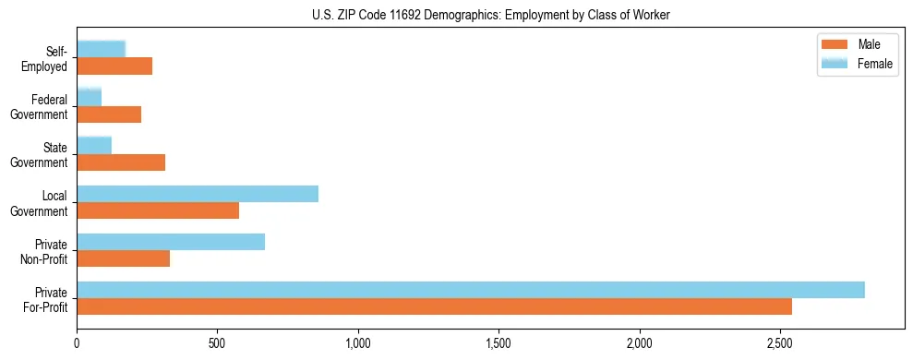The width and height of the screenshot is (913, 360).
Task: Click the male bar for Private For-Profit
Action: click(434, 306)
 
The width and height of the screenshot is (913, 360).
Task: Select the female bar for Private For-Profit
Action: click(471, 290)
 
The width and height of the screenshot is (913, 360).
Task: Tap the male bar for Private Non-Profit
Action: click(123, 258)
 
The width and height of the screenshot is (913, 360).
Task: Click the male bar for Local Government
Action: click(158, 210)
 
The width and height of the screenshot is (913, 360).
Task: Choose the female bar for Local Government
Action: click(198, 194)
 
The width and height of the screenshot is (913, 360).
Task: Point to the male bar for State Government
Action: click(121, 162)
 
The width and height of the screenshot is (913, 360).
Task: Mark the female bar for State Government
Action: click(94, 146)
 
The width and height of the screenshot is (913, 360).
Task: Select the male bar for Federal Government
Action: click(109, 114)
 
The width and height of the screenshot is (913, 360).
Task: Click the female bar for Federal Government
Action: click(90, 98)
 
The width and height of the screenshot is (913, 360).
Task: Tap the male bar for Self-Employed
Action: click(114, 66)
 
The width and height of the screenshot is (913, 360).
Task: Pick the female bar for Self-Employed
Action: click(102, 50)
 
